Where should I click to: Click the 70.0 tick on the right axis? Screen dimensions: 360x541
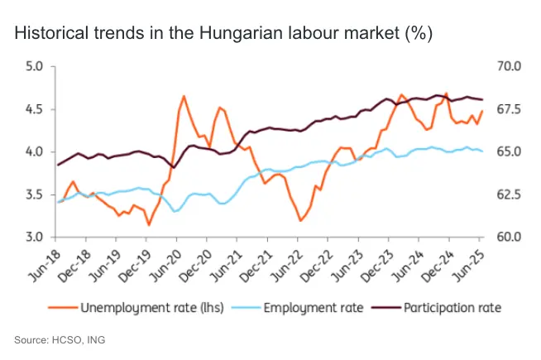click(506, 66)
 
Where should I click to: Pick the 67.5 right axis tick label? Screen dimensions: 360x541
click(506, 109)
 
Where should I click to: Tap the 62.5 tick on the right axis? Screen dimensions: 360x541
click(506, 194)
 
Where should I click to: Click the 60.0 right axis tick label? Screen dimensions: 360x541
click(506, 238)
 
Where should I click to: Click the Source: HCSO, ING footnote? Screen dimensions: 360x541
click(60, 339)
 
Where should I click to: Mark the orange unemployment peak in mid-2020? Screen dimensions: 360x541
click(183, 97)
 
